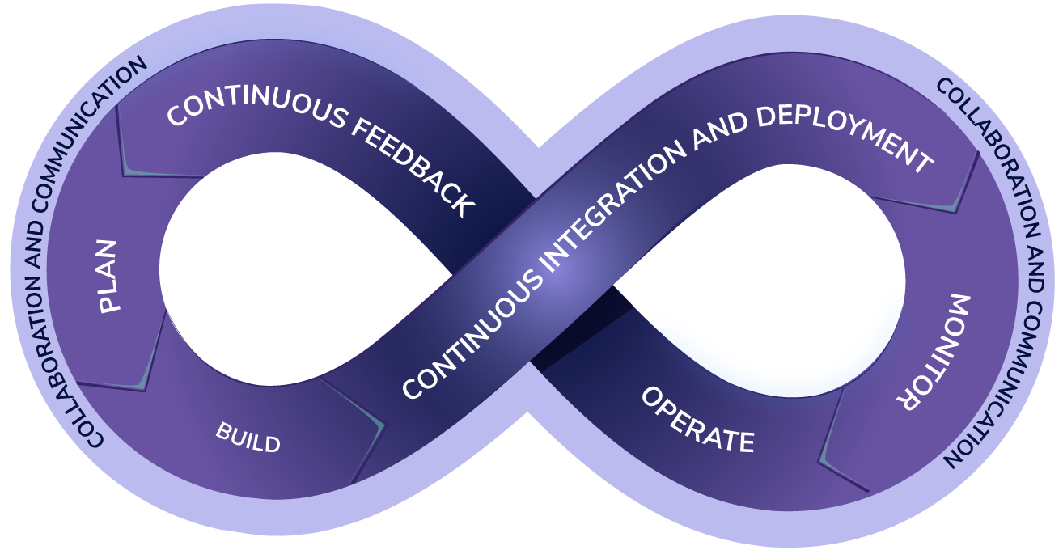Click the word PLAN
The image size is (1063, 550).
pyautogui.click(x=108, y=276)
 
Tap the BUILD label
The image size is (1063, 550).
pyautogui.click(x=248, y=438)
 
